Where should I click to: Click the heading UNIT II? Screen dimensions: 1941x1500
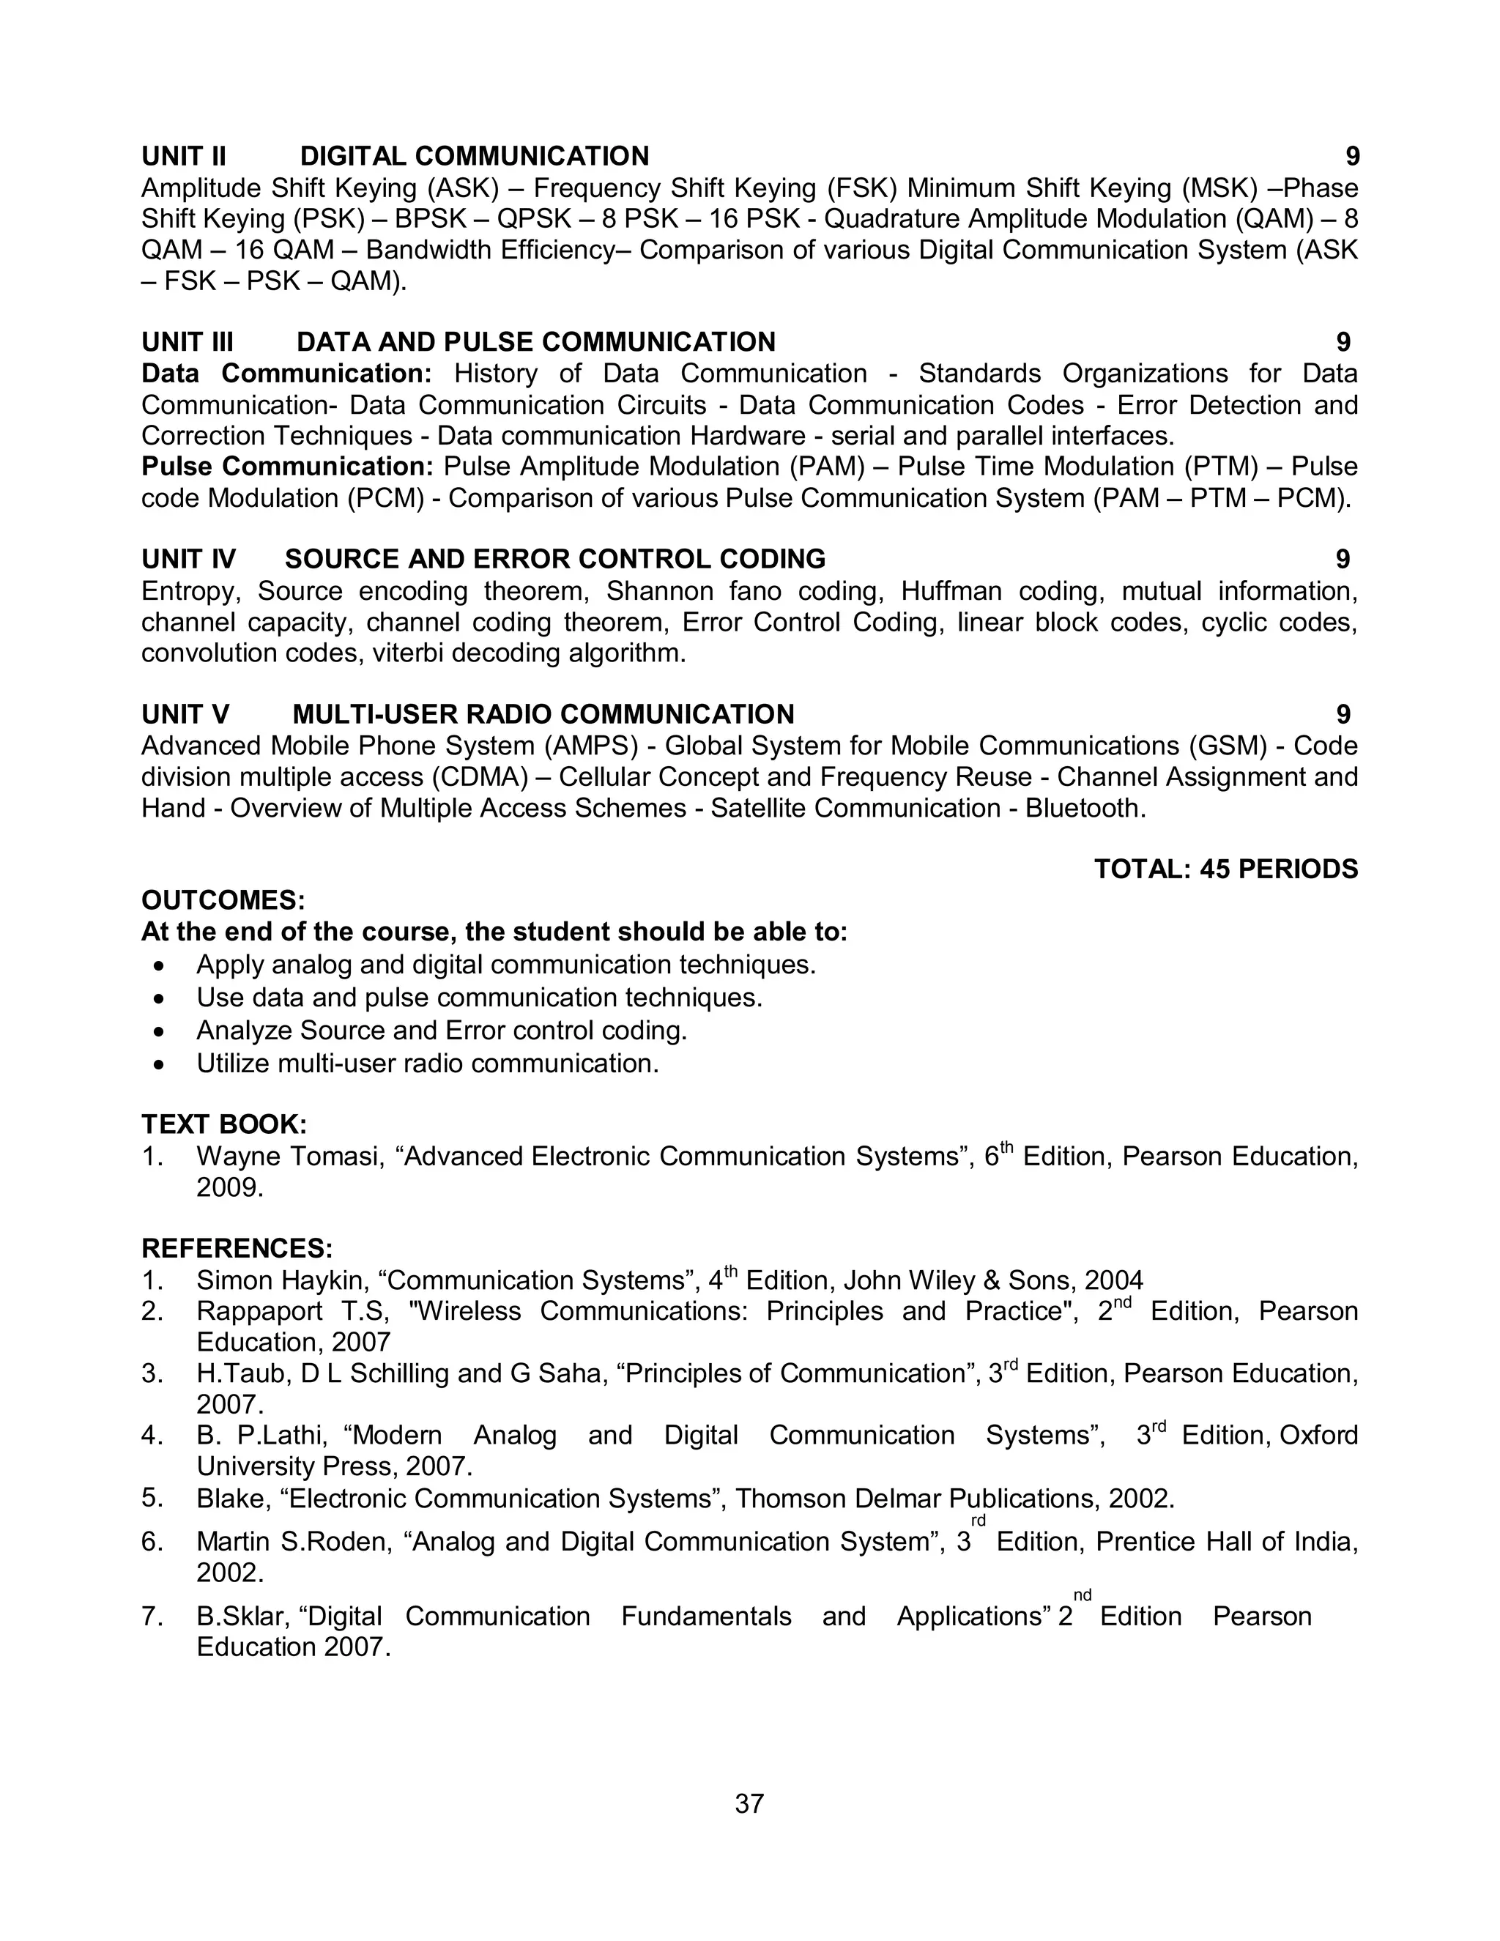coord(183,157)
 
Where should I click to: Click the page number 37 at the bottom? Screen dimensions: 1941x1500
coord(749,1803)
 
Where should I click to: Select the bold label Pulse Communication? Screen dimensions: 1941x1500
coord(286,467)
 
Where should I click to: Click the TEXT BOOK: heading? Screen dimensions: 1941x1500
coord(224,1124)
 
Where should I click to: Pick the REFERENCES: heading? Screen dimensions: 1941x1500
coord(237,1249)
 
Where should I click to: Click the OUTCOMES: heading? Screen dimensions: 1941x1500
coord(223,900)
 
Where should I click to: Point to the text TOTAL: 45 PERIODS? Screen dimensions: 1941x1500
coord(1225,869)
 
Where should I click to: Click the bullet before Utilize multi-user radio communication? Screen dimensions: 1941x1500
coord(159,1064)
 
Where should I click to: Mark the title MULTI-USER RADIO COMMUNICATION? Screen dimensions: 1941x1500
coord(543,715)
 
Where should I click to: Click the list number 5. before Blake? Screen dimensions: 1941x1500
coord(152,1498)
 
